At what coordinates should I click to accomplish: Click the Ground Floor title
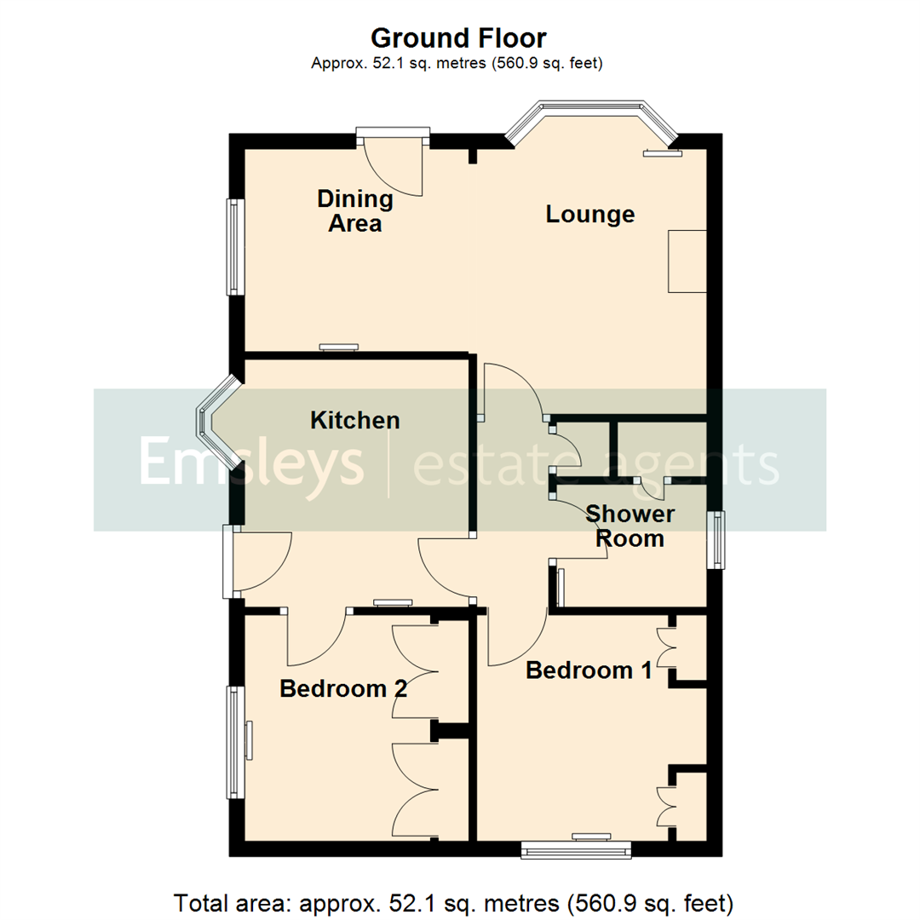point(458,37)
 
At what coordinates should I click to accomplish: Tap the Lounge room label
point(590,214)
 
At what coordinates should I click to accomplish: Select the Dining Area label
point(355,211)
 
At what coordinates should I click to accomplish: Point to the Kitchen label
point(354,420)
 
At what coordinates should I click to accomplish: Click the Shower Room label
point(630,526)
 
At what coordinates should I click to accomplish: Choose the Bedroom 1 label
point(589,670)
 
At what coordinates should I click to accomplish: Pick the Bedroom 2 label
point(342,688)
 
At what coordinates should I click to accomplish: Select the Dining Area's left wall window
point(234,247)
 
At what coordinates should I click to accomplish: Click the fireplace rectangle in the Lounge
point(687,261)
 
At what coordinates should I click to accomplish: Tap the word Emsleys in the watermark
point(252,461)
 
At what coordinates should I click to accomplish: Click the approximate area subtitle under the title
point(458,62)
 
